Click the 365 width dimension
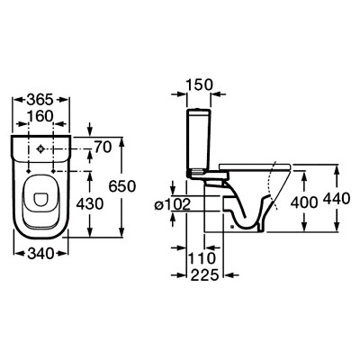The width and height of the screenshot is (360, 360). (40, 100)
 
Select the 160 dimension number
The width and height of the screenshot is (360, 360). (40, 116)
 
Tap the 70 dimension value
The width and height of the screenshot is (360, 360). (103, 148)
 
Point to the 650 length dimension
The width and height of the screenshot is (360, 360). (122, 186)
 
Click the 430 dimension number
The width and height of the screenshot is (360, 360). (90, 204)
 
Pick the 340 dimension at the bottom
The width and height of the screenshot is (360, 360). (40, 254)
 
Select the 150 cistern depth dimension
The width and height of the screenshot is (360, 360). (199, 85)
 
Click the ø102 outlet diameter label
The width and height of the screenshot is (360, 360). (173, 205)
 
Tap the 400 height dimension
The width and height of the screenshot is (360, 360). (304, 202)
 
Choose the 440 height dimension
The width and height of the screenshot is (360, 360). (337, 199)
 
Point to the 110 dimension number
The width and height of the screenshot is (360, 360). (202, 258)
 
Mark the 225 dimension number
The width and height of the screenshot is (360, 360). (205, 274)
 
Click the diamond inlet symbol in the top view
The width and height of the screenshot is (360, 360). (40, 148)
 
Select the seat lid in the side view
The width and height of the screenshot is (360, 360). (255, 166)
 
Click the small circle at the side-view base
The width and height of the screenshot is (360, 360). (232, 227)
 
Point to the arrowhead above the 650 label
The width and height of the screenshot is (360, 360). (121, 142)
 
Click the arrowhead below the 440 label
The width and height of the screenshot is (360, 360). (337, 227)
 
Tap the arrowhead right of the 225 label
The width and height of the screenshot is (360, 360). (229, 274)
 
